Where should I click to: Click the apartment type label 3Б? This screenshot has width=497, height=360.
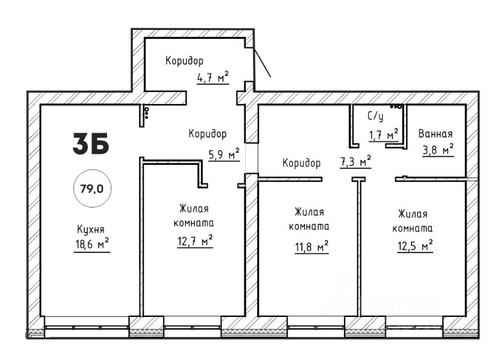click(91, 144)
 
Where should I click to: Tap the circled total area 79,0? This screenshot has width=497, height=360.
click(92, 189)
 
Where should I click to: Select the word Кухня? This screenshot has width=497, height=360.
click(91, 229)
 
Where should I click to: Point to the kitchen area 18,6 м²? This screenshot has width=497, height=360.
click(92, 245)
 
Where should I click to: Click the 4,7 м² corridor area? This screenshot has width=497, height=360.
click(213, 77)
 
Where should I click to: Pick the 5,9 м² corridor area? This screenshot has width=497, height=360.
click(224, 154)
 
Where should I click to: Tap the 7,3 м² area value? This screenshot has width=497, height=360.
click(355, 162)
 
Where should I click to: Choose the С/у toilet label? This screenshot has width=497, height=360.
click(376, 116)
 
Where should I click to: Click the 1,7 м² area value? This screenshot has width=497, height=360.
click(383, 135)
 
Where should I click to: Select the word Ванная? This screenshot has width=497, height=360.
click(435, 134)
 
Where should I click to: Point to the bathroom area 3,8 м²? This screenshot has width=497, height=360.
click(438, 150)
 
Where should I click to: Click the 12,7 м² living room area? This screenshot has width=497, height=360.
click(195, 241)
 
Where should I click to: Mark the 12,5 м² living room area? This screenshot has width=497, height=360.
click(415, 246)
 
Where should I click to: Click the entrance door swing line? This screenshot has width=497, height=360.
click(263, 62)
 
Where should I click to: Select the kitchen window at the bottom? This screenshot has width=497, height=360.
click(87, 328)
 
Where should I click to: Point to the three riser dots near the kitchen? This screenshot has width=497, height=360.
click(147, 112)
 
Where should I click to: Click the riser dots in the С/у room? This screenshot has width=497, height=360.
click(396, 107)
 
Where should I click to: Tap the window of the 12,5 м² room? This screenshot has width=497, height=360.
click(414, 328)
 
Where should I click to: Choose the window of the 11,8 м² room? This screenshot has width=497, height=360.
click(316, 328)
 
